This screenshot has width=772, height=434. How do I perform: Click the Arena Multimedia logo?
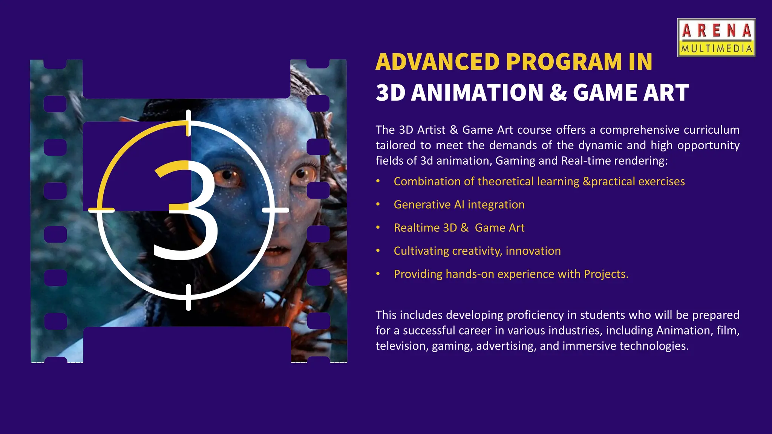[x=716, y=38]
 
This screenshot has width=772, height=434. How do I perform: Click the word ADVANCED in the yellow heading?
[x=438, y=62]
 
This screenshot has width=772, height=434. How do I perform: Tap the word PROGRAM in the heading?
[x=564, y=62]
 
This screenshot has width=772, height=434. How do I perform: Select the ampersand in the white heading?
[x=558, y=93]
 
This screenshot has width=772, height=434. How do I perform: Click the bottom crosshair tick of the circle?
[x=188, y=297]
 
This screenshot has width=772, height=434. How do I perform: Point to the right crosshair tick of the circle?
[x=276, y=210]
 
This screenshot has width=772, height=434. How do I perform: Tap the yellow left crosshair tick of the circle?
[x=101, y=210]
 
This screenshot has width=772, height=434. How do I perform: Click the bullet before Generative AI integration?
[x=378, y=205]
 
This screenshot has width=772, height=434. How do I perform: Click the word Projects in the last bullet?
[x=605, y=274]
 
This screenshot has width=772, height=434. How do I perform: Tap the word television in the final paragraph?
[x=402, y=346]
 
